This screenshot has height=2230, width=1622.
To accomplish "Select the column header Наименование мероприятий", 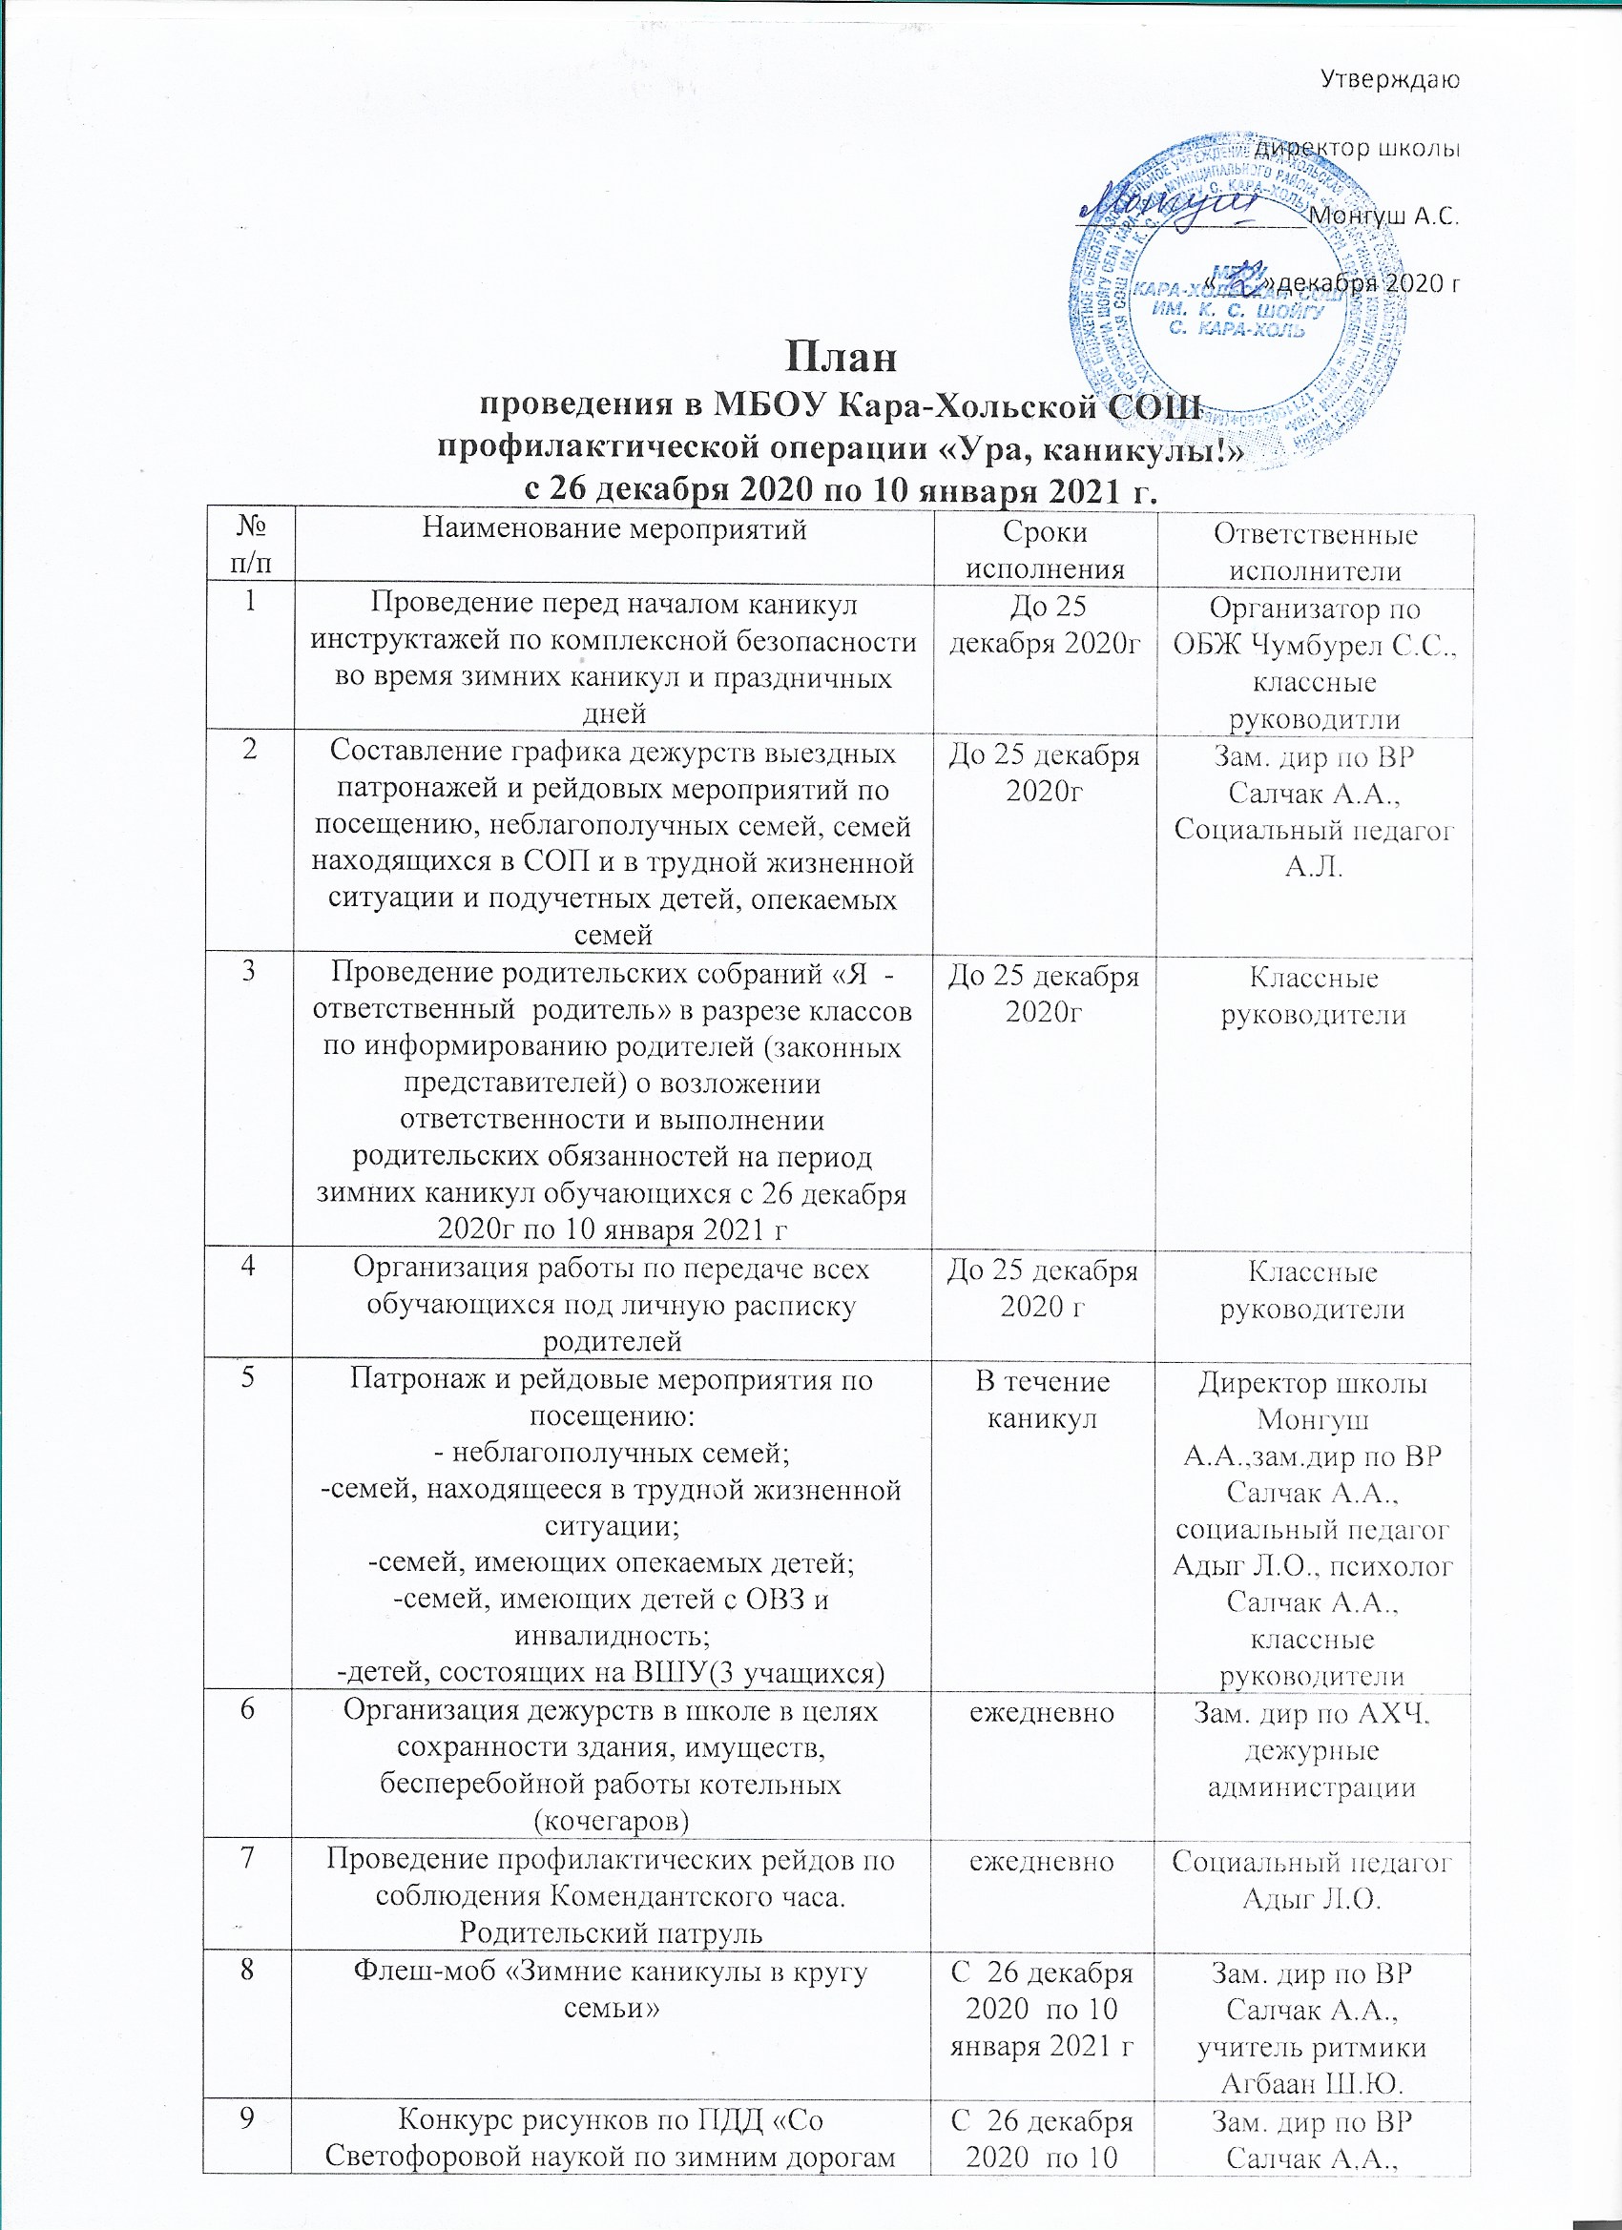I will click(x=613, y=531).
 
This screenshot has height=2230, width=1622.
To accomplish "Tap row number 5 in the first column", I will click(x=251, y=1379).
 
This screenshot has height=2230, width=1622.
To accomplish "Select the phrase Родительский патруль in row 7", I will click(x=611, y=1931).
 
